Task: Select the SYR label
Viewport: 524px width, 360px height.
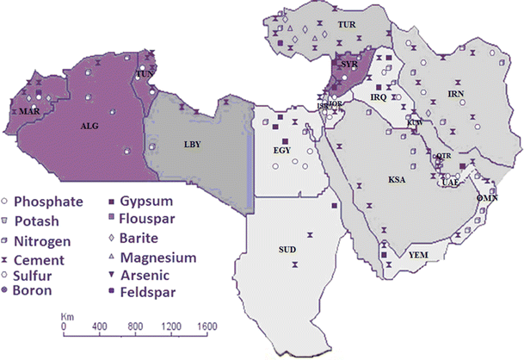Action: pyautogui.click(x=348, y=65)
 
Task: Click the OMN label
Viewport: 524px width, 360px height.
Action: pyautogui.click(x=488, y=197)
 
